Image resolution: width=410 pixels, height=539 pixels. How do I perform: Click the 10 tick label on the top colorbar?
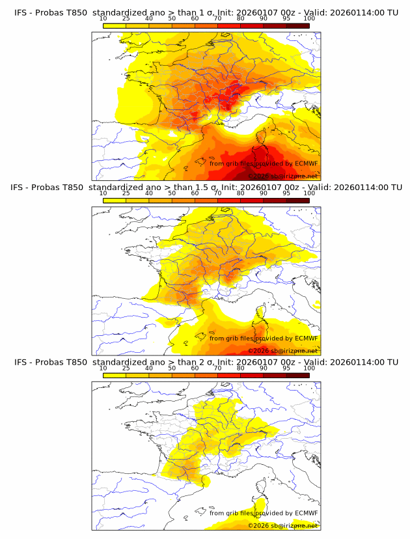[103, 18]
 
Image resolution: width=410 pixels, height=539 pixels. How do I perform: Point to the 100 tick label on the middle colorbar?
[309, 193]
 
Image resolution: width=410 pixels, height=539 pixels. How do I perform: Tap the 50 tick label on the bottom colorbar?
[172, 368]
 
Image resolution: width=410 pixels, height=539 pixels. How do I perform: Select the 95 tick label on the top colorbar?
[286, 18]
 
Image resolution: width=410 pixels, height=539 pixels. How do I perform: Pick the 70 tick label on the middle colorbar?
[217, 193]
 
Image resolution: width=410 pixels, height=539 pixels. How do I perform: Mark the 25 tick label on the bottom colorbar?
[126, 368]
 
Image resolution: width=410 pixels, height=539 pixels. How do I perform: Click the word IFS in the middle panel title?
[21, 187]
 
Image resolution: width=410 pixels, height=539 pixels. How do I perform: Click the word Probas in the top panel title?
[49, 12]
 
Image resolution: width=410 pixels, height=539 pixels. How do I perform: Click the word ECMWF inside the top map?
[306, 163]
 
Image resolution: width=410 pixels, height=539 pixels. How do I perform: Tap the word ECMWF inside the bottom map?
[306, 513]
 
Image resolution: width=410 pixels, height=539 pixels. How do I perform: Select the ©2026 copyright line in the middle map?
[282, 351]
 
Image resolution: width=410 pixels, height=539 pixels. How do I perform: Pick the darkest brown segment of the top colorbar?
[297, 25]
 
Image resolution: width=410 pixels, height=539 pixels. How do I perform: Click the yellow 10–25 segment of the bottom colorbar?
[115, 374]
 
